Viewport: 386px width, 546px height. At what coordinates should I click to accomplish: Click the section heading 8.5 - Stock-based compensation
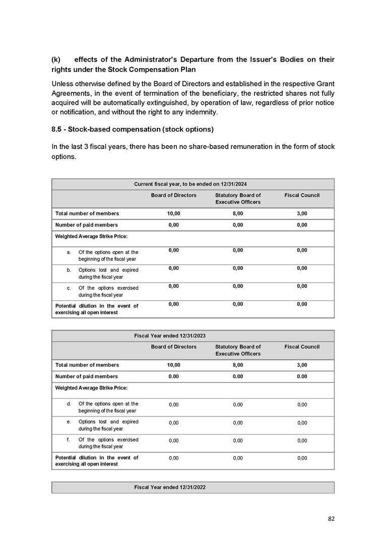tap(133, 130)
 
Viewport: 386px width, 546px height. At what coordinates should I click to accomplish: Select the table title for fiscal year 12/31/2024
tap(193, 184)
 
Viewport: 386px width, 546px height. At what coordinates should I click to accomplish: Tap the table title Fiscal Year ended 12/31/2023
tap(170, 335)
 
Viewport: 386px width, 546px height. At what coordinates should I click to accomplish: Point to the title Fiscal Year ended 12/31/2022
tap(170, 488)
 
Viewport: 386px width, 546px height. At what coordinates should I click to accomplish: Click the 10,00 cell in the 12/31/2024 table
tap(174, 214)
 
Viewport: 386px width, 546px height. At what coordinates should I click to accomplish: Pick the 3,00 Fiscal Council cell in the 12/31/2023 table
tap(302, 365)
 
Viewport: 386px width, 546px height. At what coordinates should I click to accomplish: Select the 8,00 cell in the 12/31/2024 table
tap(238, 214)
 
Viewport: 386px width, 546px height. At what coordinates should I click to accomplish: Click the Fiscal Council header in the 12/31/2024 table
tap(302, 195)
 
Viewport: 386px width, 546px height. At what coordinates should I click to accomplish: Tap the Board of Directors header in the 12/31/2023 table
tap(174, 347)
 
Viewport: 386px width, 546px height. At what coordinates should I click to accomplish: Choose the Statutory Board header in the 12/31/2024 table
tap(238, 199)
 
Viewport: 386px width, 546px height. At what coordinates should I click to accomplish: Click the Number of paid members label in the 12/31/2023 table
tap(86, 377)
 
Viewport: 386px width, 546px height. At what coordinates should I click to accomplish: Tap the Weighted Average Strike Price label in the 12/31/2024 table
tap(91, 236)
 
